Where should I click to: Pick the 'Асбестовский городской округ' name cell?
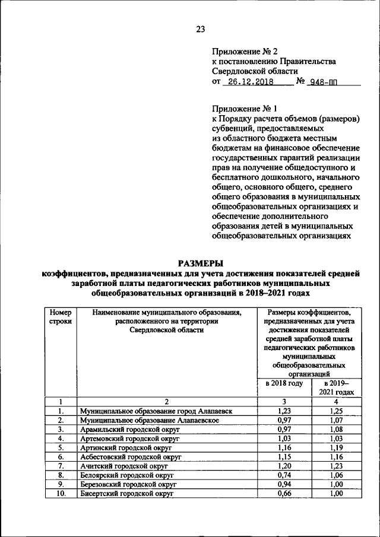click(x=129, y=457)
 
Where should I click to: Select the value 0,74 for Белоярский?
click(x=284, y=476)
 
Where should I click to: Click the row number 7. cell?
click(x=60, y=467)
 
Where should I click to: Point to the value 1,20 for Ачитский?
click(x=284, y=467)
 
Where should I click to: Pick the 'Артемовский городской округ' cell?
click(x=129, y=439)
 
